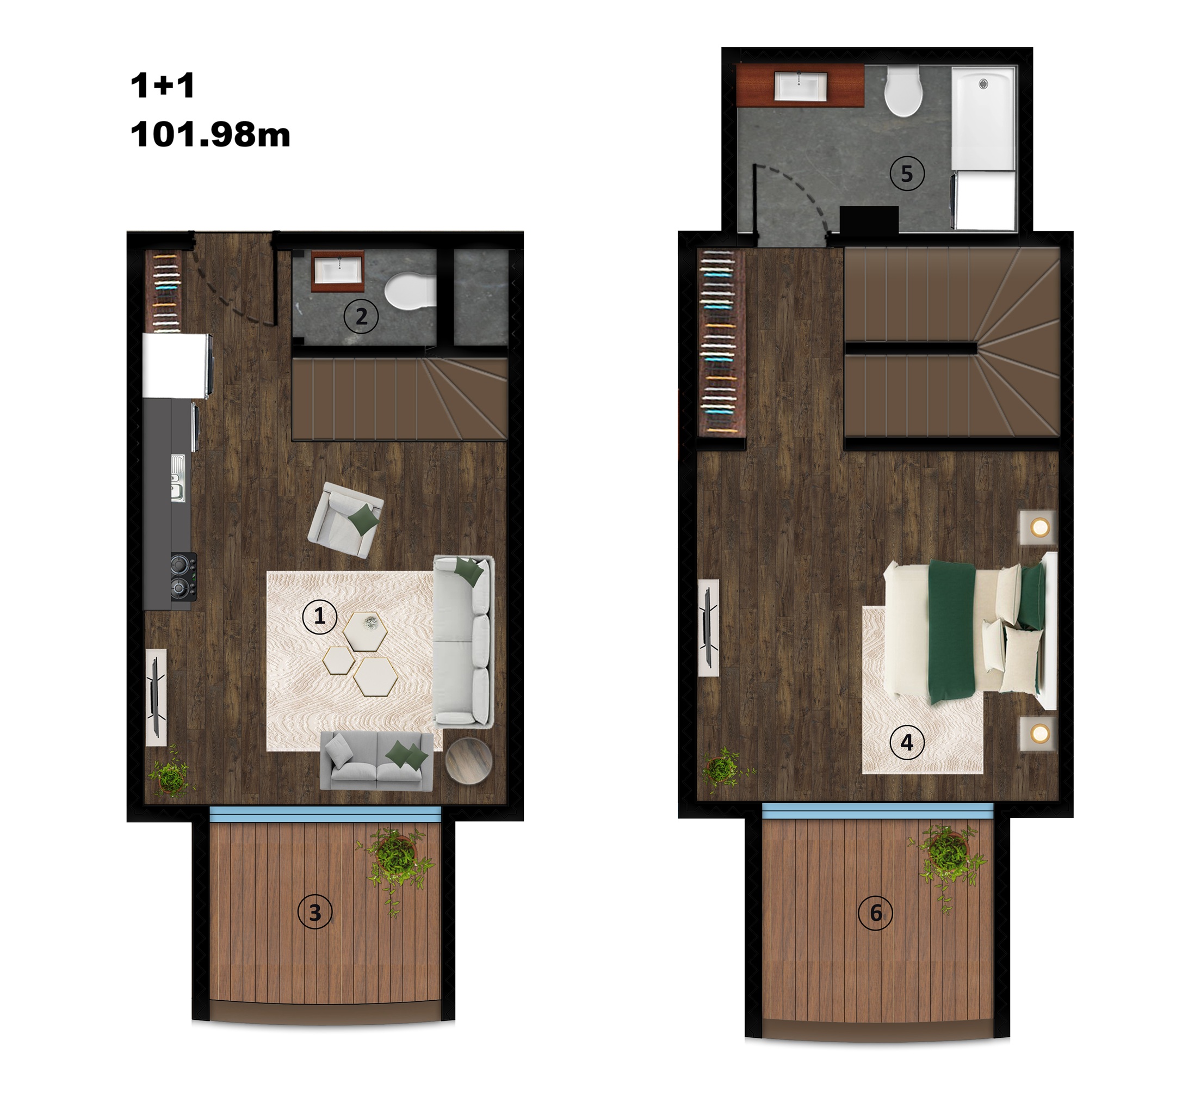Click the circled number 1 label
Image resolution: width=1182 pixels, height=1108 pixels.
(x=319, y=616)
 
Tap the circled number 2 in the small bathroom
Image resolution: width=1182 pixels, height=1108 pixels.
(x=361, y=316)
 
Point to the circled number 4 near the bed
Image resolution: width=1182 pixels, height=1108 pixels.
(x=907, y=742)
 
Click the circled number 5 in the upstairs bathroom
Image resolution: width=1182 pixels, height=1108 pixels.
(x=907, y=174)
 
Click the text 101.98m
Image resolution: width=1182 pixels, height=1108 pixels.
(x=211, y=134)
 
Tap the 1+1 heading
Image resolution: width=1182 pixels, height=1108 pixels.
(x=162, y=85)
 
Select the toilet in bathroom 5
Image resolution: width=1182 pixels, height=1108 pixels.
(x=903, y=91)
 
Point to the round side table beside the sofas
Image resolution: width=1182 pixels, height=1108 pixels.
(x=468, y=761)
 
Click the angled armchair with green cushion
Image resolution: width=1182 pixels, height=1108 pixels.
(x=346, y=520)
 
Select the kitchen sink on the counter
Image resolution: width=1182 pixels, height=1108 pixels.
(x=178, y=478)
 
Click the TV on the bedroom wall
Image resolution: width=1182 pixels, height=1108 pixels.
(x=708, y=627)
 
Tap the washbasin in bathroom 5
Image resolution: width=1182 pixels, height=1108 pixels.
(x=800, y=86)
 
